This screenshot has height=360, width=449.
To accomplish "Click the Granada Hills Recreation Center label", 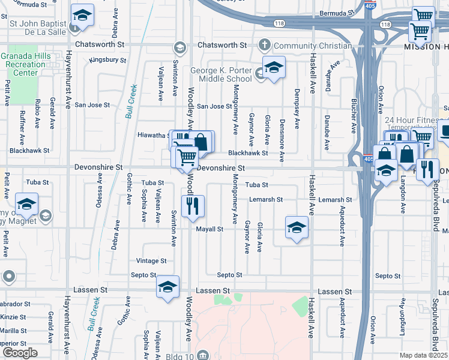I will pos(26,64).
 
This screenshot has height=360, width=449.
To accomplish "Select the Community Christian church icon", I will pos(264,45).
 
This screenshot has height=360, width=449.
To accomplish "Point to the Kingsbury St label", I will pos(108,60).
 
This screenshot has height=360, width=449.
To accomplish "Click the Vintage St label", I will pos(151,261).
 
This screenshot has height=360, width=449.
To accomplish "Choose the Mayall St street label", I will pos(211,229).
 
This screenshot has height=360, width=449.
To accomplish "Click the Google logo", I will pos(20,353).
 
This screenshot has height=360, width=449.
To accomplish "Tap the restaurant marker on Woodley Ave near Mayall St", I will pos(193,206).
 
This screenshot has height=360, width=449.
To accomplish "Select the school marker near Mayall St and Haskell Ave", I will pos(295,227).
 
